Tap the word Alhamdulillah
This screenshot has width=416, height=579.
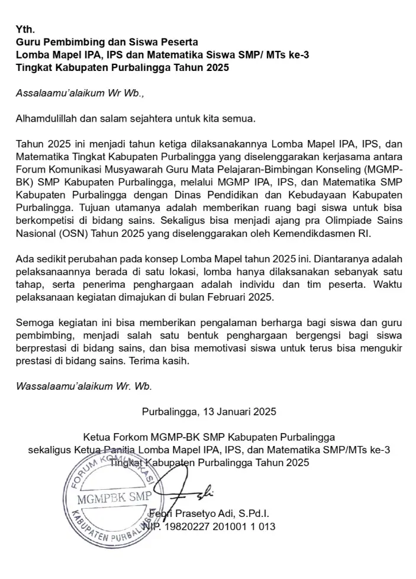coord(47,118)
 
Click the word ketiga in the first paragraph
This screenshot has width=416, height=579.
coord(170,144)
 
